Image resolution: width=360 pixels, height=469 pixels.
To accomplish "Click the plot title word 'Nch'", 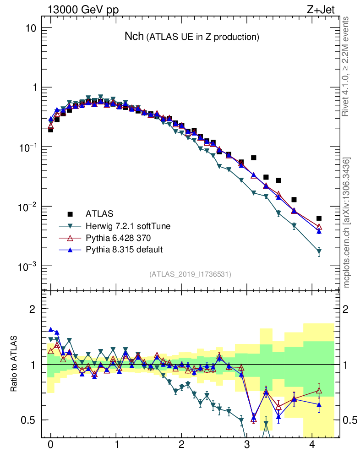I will (134, 36).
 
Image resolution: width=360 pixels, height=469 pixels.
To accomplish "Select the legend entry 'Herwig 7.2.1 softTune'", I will (124, 226).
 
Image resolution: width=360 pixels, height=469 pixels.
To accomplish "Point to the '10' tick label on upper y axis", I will (30, 28).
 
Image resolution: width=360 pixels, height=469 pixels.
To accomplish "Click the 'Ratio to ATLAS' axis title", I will (14, 364).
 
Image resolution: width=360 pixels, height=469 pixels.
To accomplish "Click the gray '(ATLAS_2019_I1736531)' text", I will (190, 274).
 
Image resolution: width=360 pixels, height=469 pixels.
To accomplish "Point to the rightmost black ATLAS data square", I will (319, 218).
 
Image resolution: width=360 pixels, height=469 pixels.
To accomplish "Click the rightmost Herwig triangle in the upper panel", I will (319, 252).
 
